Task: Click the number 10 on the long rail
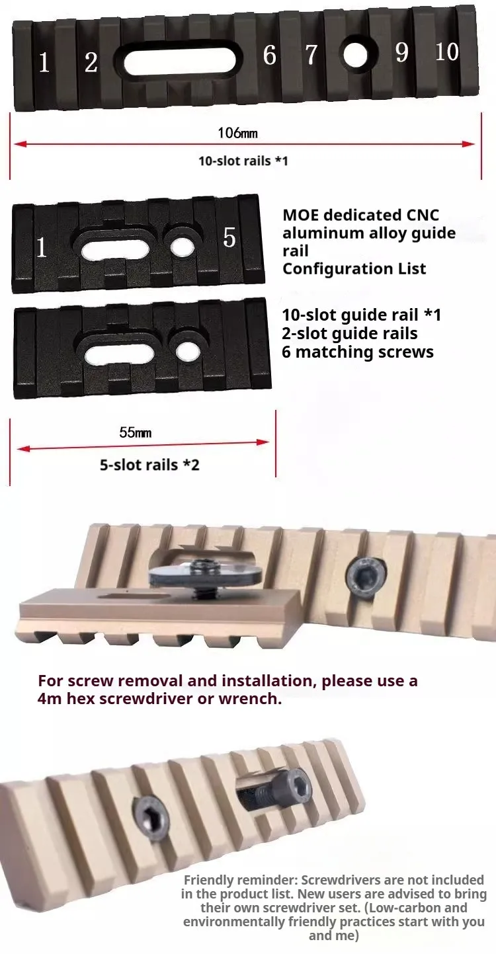coord(447,52)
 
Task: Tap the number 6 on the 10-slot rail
coord(269,55)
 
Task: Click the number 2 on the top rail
coord(91,63)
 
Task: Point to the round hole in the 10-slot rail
coord(355,55)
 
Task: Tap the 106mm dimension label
coord(238,133)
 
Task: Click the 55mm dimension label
coord(136,432)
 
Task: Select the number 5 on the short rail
coord(229,237)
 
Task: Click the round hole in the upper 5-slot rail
coord(182,247)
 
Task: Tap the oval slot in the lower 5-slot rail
coord(119,354)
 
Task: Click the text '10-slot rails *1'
coord(243,161)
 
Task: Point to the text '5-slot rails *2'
coord(149,465)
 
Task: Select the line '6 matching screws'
coord(358,352)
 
